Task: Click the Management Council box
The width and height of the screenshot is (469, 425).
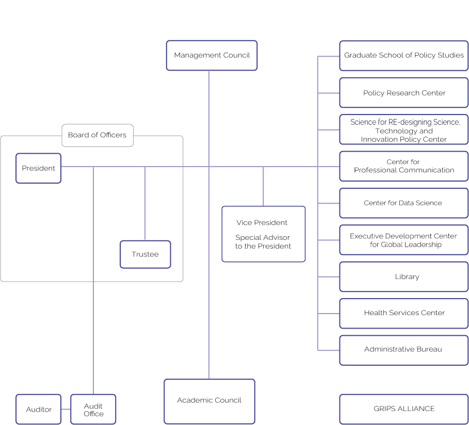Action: pos(212,55)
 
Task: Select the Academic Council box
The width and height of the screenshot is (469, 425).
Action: pos(209,401)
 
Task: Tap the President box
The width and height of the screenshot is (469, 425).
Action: pos(38,168)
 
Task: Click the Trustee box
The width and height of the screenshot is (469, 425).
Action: pos(145,254)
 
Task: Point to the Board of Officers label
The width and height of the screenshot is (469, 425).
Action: pos(97,135)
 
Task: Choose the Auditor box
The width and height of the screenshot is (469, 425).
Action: pos(39,410)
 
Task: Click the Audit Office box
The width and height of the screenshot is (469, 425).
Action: pos(93,410)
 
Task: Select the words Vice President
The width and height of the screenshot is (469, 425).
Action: pos(262,223)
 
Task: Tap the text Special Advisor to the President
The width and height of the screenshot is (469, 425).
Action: pos(263,242)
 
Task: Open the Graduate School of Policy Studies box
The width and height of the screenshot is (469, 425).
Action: pos(403,55)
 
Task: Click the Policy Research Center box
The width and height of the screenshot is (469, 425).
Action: pos(403,93)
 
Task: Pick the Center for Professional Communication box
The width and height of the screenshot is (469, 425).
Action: pos(403,166)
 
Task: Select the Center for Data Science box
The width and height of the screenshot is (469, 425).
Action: pos(403,203)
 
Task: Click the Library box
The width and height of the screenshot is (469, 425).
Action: pos(403,277)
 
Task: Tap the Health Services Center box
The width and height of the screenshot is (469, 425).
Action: pos(403,313)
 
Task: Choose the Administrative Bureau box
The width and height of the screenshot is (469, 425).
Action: pos(403,350)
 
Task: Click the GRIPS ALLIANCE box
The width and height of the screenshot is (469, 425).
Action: pos(403,409)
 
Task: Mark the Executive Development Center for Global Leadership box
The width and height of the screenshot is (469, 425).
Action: pos(403,240)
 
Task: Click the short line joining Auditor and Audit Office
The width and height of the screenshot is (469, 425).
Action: pos(66,410)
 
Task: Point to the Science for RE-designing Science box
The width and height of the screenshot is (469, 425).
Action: pos(403,130)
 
